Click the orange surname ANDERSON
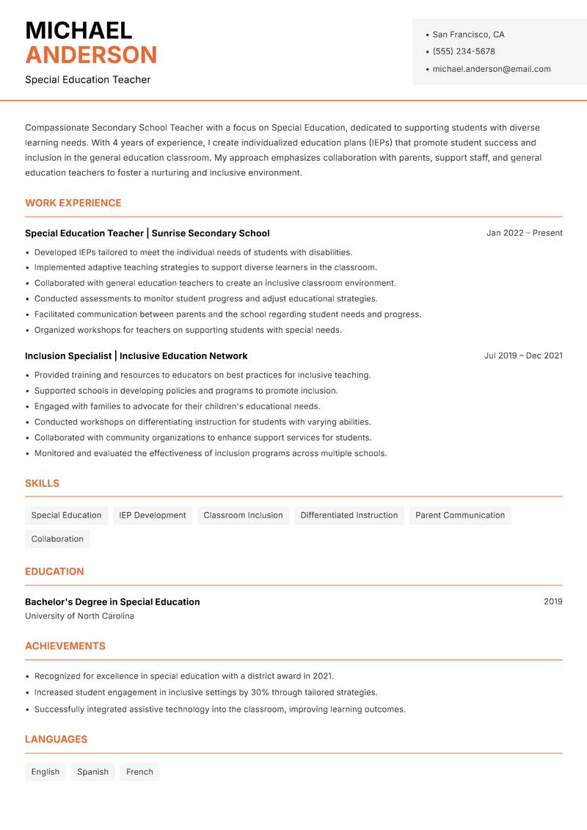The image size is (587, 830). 91,55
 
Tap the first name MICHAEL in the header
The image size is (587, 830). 79,30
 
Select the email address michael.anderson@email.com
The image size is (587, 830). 491,69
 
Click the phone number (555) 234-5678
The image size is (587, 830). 463,51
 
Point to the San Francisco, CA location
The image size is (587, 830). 468,35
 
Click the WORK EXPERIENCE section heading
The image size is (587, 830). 73,203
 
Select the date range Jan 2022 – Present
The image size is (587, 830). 524,233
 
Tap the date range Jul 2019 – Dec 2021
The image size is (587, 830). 522,356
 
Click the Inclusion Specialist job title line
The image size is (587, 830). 136,356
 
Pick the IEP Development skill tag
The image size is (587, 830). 153,515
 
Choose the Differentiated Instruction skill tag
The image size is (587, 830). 349,515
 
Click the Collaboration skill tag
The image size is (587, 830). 57,538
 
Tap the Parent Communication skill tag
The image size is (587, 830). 459,515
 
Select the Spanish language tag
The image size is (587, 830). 92,771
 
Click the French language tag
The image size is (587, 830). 139,771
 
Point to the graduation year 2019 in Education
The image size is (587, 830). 553,602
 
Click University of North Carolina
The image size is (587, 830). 79,616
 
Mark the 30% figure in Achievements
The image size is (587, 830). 260,692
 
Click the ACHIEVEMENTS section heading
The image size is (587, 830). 65,646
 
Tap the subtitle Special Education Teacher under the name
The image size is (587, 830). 87,79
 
